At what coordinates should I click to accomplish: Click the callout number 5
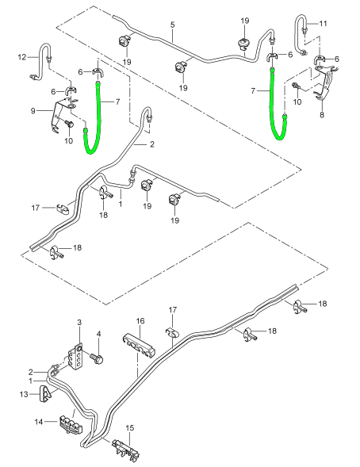173,25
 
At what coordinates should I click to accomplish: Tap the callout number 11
323,23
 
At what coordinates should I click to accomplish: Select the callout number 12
22,57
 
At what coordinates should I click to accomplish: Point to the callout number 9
33,111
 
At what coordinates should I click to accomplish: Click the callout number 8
322,115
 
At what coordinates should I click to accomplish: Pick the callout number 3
79,322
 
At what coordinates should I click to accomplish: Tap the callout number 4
98,334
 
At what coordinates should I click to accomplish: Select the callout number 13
24,394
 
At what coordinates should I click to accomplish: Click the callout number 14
39,422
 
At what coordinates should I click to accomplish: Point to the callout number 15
130,428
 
